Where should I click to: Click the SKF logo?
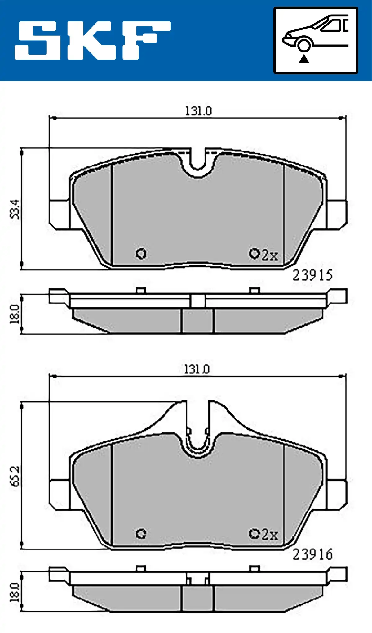92,40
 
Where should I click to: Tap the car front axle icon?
316,40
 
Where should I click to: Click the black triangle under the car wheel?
304,59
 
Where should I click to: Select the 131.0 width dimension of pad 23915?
198,111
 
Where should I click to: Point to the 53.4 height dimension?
15,209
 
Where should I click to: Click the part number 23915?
312,275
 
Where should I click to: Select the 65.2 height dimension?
15,476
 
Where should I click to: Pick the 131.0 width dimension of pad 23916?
197,369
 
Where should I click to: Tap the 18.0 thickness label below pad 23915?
15,314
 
